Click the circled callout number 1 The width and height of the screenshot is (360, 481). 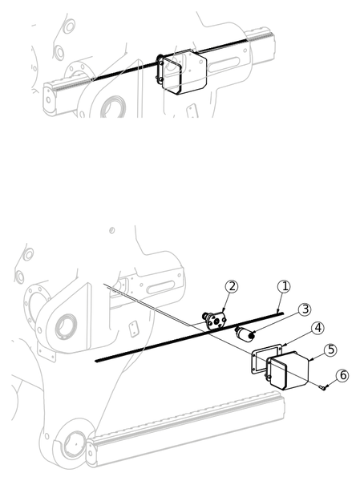[284, 286]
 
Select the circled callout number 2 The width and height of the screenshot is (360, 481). [232, 286]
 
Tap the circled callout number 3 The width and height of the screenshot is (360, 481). [305, 309]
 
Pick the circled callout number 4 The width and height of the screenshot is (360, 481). [318, 328]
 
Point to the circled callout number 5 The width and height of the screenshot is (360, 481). [331, 350]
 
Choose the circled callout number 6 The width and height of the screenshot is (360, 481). [342, 375]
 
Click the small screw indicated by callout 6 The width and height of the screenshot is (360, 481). [323, 388]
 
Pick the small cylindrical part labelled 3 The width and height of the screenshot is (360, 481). [245, 333]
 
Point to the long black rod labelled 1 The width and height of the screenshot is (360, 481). [189, 338]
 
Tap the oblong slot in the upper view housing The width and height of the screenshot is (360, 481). [224, 64]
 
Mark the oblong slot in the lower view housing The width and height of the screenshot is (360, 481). [161, 287]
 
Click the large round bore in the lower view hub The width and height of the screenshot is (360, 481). [66, 327]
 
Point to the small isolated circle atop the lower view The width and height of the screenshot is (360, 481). [112, 230]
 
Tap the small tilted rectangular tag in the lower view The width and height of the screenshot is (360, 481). [134, 329]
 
